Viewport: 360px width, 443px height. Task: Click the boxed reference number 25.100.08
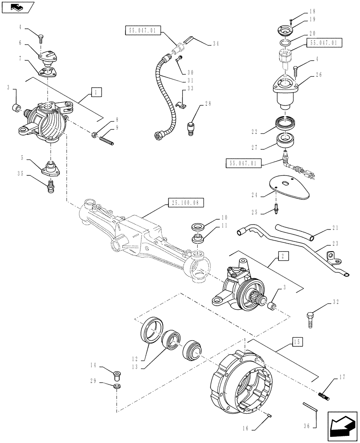click(x=186, y=203)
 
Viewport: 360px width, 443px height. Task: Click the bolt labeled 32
click(x=310, y=318)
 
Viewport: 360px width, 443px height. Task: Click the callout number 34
click(x=215, y=43)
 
